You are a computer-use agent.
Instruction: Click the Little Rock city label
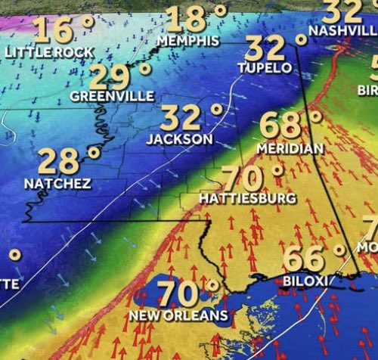click(x=50, y=52)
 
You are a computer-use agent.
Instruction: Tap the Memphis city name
click(x=189, y=39)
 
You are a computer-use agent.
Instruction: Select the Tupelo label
click(x=265, y=67)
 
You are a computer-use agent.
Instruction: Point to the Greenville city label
click(x=112, y=96)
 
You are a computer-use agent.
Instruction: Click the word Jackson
click(x=180, y=139)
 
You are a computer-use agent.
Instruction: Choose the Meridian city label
click(x=290, y=147)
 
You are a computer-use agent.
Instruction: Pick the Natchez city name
click(x=57, y=184)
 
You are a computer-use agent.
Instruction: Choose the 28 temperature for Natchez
click(x=59, y=162)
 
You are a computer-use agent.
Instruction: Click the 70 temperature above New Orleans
click(x=178, y=293)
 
